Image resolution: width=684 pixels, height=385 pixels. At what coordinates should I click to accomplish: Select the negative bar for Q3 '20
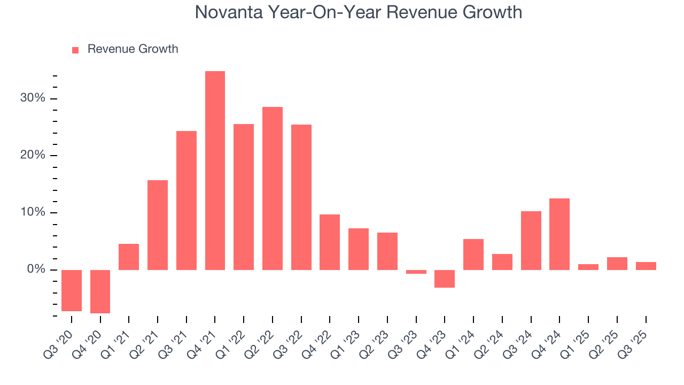pos(72,290)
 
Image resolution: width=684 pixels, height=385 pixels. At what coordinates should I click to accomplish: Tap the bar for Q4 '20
pos(100,291)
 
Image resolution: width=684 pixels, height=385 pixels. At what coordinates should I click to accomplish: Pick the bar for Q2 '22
pos(272,188)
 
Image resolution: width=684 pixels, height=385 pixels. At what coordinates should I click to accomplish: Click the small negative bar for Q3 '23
pos(416,272)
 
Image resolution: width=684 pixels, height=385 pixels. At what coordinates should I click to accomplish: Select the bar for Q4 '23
pos(444,279)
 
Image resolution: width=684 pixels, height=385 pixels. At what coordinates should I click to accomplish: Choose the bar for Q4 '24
pos(559,234)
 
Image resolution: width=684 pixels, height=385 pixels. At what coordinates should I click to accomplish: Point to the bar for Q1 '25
pos(588,267)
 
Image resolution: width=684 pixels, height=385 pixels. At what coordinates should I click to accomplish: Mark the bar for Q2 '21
pos(158,225)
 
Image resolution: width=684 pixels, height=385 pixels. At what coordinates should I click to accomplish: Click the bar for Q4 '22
pos(330,242)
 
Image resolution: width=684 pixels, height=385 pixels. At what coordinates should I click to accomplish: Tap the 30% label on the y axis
pos(33,98)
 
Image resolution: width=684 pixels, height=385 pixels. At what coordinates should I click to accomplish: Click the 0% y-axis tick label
pos(36,269)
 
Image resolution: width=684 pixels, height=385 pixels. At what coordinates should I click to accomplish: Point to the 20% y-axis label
pos(33,156)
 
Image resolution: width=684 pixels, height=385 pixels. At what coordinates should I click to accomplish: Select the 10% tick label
pos(33,212)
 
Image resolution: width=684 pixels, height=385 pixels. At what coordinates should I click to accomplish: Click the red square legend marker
pos(75,50)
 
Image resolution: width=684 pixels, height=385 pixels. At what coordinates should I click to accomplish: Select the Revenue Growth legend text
pos(133,49)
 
